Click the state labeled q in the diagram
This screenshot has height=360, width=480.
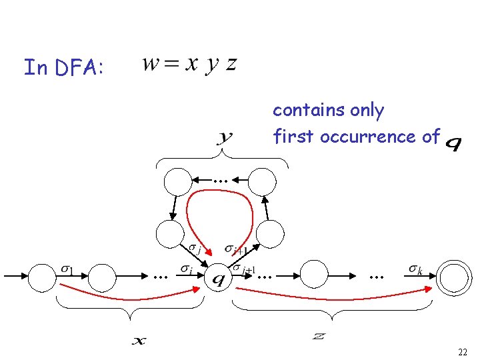tap(217, 277)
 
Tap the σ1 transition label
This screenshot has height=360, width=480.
tap(67, 269)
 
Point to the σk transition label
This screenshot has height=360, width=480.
tap(415, 269)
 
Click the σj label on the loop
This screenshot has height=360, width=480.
tap(195, 250)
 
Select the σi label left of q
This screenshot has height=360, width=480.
tap(186, 269)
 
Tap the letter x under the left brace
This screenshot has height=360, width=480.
tap(139, 341)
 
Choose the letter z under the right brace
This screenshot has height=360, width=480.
tap(319, 335)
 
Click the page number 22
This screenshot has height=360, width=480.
tap(463, 351)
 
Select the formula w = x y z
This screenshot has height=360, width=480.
tap(189, 65)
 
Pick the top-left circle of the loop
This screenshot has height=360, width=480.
tap(179, 181)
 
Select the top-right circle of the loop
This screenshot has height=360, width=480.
tap(262, 181)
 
